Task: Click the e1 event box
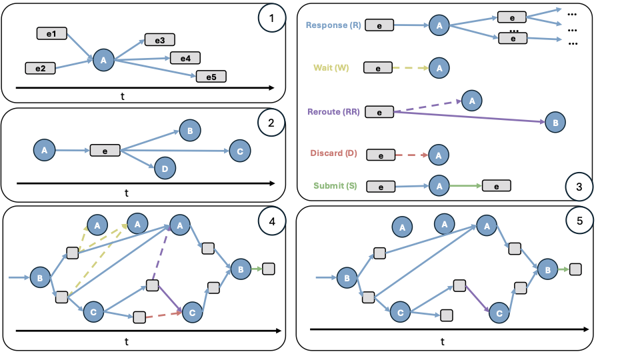[51, 33]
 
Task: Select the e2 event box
[40, 68]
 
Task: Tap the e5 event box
[211, 76]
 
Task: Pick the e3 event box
[159, 40]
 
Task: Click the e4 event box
[185, 58]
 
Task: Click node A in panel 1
[103, 60]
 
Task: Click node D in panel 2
[165, 169]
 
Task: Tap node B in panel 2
[189, 131]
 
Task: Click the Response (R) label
[333, 25]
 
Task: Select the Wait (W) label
[331, 67]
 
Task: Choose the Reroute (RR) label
[333, 111]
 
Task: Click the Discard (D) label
[333, 153]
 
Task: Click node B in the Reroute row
[555, 123]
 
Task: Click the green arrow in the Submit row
[465, 186]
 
